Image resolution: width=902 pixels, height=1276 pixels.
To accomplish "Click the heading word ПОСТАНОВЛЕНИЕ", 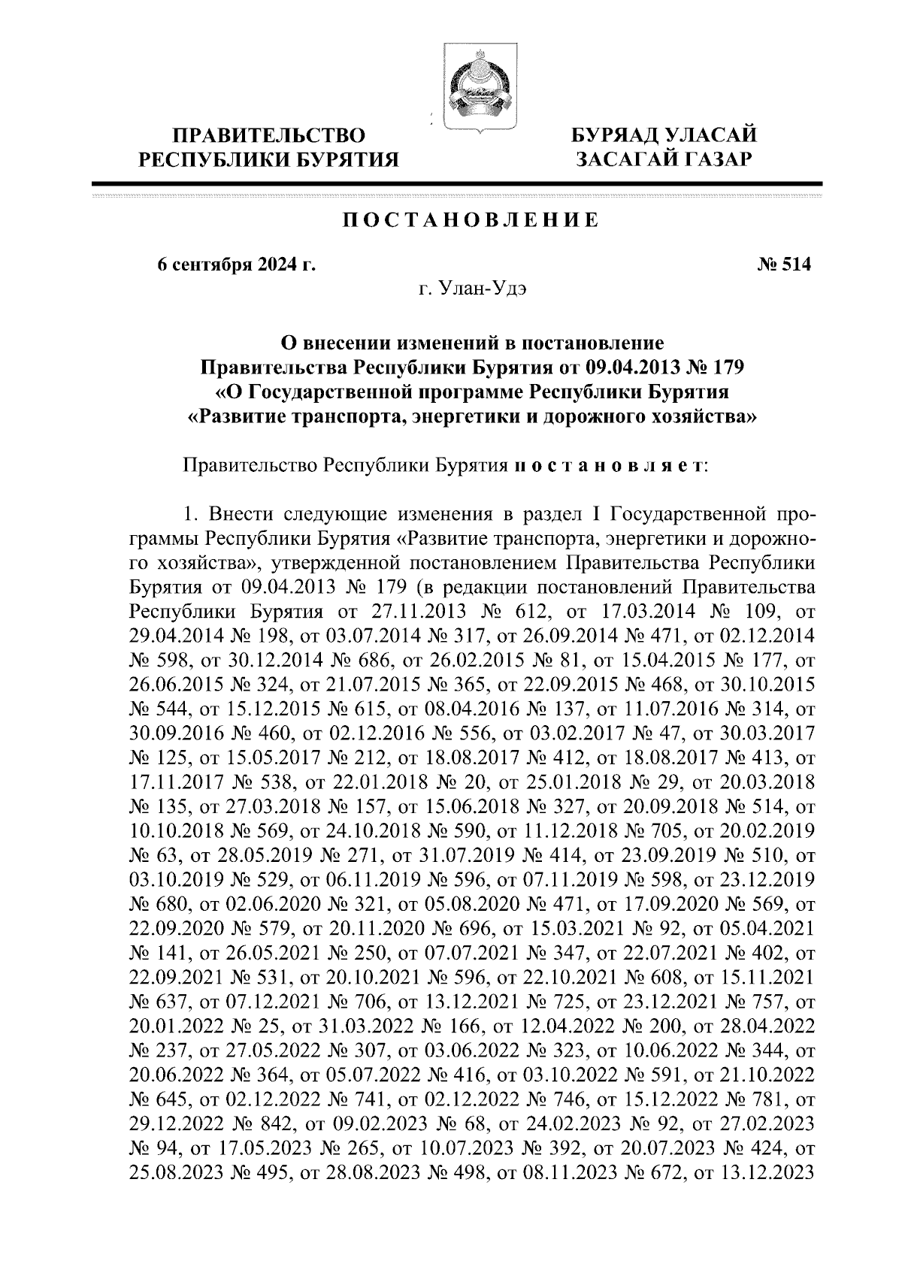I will click(471, 221).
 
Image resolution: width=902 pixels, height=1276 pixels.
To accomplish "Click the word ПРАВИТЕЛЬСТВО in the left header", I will click(270, 136).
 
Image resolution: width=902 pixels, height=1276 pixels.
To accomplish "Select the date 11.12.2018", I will click(569, 830).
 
